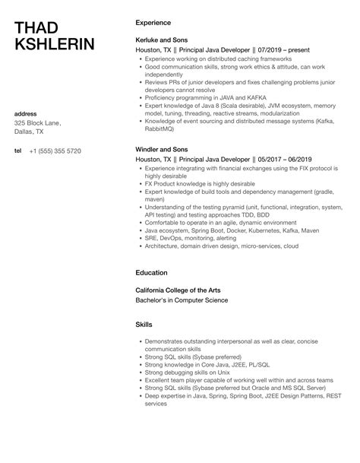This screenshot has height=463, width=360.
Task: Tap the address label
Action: click(26, 113)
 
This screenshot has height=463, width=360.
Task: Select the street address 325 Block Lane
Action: click(38, 123)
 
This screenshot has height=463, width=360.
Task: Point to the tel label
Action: click(18, 151)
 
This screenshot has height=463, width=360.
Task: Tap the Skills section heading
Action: click(144, 324)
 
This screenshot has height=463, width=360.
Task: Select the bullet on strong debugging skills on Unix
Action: click(187, 373)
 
